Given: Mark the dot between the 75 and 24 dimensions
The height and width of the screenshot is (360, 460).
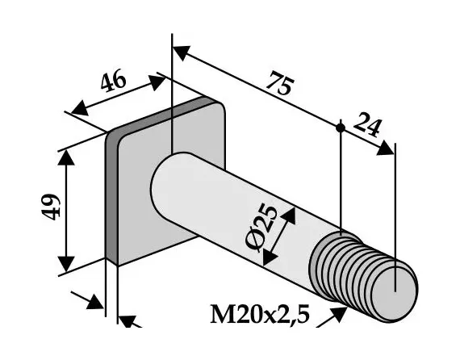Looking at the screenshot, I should [341, 128].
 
